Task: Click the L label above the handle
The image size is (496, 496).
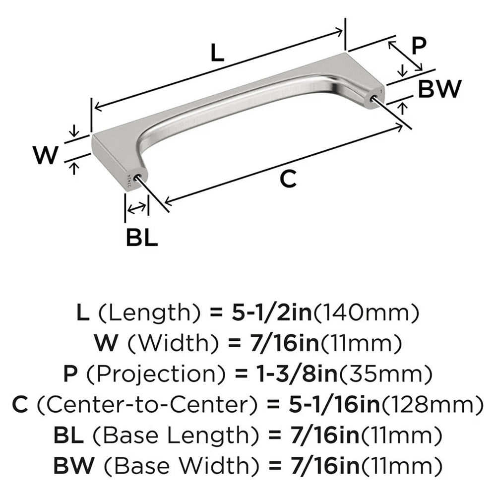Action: click(x=217, y=52)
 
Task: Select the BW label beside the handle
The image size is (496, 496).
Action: click(x=439, y=89)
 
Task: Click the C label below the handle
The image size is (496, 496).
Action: click(x=288, y=179)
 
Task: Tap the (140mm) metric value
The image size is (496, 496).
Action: click(x=367, y=312)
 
